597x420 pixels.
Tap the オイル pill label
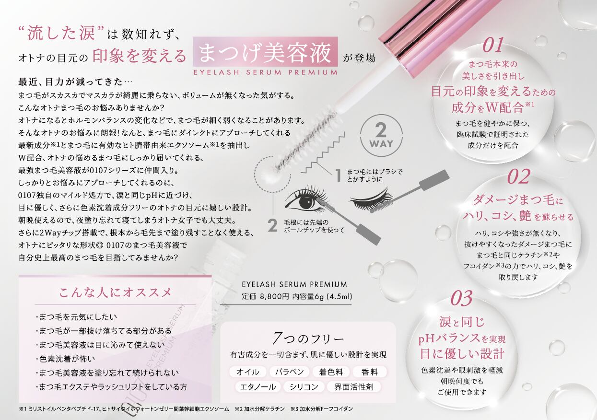pyautogui.click(x=247, y=372)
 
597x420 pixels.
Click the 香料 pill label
pyautogui.click(x=370, y=372)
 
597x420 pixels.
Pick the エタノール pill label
pyautogui.click(x=258, y=387)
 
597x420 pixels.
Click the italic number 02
pyautogui.click(x=518, y=177)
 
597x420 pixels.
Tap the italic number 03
pyautogui.click(x=462, y=298)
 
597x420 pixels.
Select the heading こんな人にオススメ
pyautogui.click(x=115, y=292)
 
